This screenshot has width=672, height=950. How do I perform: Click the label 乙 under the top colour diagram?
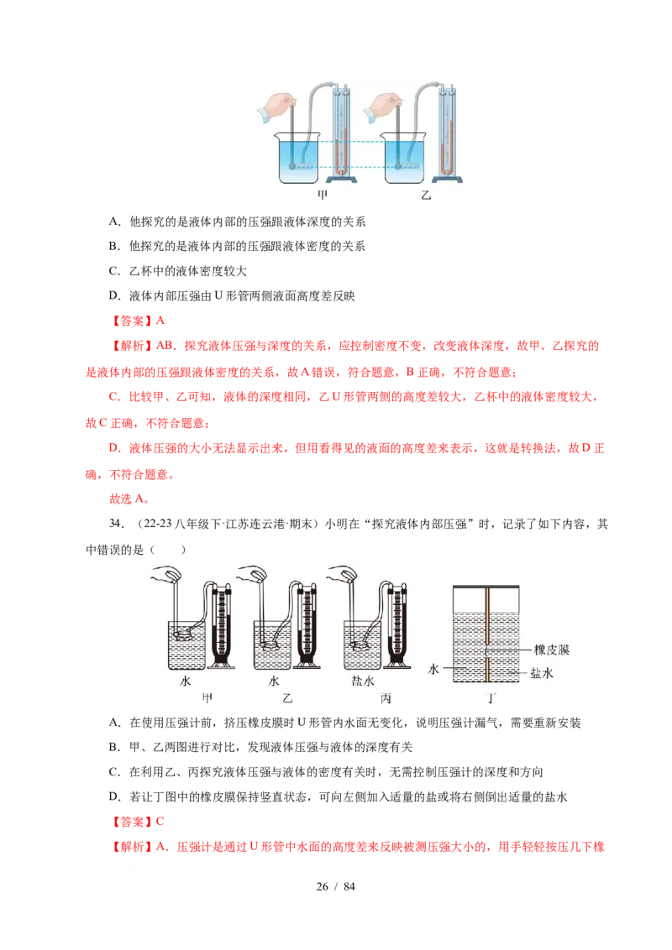[426, 194]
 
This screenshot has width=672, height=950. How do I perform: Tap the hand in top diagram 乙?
[386, 107]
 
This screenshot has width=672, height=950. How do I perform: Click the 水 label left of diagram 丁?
[433, 670]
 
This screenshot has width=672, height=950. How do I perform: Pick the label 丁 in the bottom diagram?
[493, 698]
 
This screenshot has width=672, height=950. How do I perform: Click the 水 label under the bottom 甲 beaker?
[186, 681]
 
